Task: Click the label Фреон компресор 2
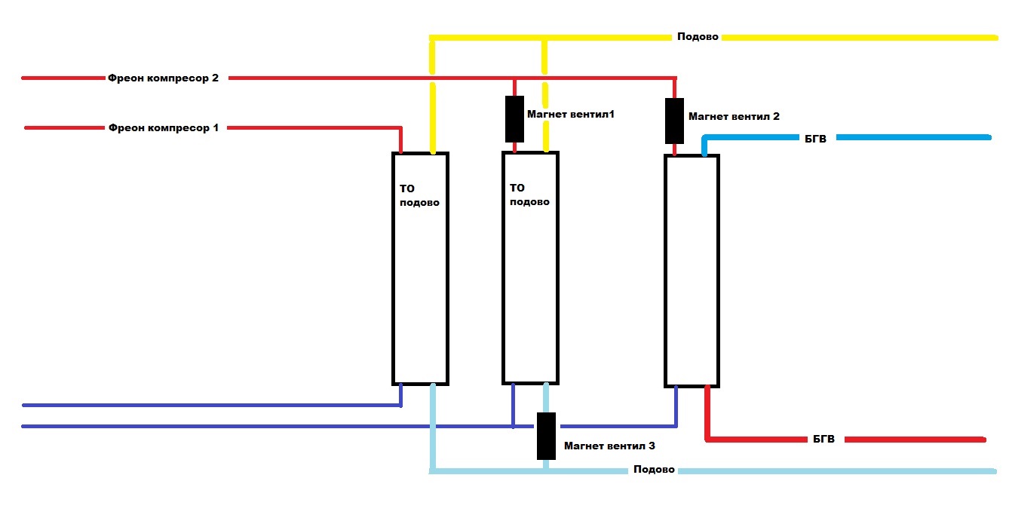(163, 78)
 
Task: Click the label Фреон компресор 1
(163, 127)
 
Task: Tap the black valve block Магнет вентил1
(514, 118)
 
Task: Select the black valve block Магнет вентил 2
(674, 121)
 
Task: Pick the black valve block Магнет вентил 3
(546, 436)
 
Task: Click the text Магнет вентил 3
(609, 446)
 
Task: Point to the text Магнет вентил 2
(734, 117)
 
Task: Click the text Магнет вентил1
(571, 114)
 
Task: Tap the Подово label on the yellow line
(698, 36)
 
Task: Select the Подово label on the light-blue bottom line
(654, 470)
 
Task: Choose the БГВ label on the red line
(823, 440)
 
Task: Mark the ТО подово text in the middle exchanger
(530, 195)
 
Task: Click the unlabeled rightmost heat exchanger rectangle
(692, 271)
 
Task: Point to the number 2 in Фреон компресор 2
(215, 78)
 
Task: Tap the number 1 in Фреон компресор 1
(215, 127)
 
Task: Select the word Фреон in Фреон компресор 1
(124, 127)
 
